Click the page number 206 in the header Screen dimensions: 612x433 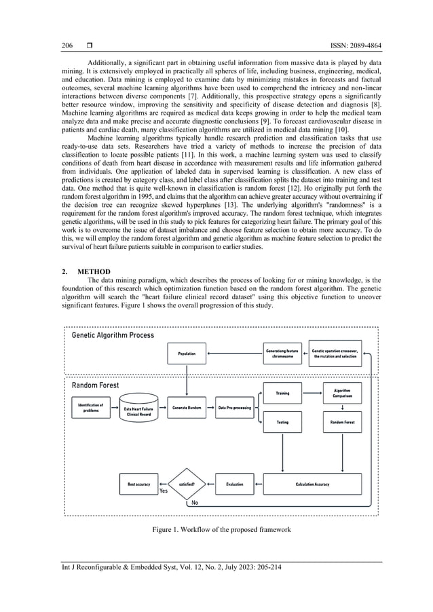(x=67, y=46)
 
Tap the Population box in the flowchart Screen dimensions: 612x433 (x=187, y=353)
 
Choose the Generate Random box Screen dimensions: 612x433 (x=187, y=408)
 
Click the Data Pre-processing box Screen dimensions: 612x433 (x=234, y=408)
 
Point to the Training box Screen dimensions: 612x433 (x=282, y=393)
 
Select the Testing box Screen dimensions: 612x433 (x=282, y=422)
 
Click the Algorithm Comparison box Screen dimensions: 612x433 (x=342, y=393)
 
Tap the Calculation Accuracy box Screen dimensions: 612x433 (x=312, y=484)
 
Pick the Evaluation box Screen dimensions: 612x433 (x=234, y=484)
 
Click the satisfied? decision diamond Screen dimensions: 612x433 (x=186, y=484)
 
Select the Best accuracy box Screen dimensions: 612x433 (x=138, y=484)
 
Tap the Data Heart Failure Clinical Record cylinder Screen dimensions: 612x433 (x=138, y=410)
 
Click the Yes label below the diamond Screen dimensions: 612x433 (x=163, y=491)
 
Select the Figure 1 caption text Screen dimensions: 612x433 (x=216, y=529)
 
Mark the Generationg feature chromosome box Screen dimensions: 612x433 (x=282, y=353)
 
